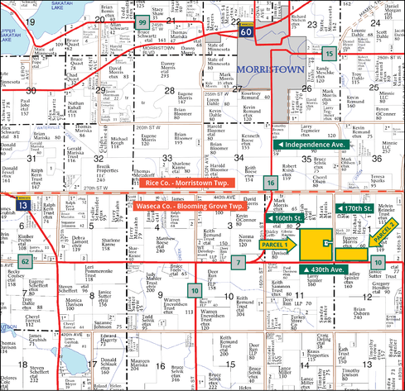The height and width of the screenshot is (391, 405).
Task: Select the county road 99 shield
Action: pyautogui.click(x=142, y=22)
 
